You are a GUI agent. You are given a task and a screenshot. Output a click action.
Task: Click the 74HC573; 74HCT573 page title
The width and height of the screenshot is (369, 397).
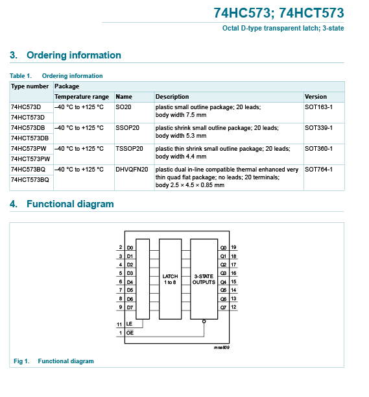click(x=278, y=13)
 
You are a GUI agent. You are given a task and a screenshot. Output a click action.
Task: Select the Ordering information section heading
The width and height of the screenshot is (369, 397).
click(x=65, y=55)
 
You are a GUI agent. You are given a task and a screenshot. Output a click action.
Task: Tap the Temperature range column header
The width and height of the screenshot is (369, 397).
click(x=82, y=97)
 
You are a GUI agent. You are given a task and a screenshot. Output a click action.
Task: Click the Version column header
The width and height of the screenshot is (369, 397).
click(x=316, y=97)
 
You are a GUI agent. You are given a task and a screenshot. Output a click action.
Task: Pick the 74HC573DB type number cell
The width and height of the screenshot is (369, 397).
click(x=28, y=128)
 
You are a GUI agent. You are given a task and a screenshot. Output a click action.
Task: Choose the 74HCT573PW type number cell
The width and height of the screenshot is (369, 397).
click(x=30, y=159)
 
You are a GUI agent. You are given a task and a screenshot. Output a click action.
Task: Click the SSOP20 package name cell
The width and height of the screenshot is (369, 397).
click(x=127, y=128)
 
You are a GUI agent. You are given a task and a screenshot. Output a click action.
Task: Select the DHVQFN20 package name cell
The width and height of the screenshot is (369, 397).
click(x=132, y=170)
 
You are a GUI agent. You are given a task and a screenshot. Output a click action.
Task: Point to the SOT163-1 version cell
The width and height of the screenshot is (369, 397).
click(x=318, y=107)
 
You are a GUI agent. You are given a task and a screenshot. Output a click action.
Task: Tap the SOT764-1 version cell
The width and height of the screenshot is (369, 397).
click(x=318, y=170)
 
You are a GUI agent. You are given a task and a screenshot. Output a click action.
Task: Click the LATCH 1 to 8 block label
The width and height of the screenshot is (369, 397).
click(x=170, y=279)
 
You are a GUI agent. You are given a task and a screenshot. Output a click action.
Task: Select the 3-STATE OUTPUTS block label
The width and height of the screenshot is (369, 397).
click(x=204, y=279)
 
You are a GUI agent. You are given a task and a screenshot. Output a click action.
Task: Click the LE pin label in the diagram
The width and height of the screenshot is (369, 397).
click(x=129, y=324)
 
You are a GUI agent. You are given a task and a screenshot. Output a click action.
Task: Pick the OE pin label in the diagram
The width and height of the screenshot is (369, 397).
click(x=130, y=333)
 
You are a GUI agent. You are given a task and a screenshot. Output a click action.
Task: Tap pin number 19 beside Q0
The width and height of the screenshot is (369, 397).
click(x=233, y=247)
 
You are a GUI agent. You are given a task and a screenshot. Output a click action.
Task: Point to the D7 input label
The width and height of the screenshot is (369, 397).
click(x=130, y=307)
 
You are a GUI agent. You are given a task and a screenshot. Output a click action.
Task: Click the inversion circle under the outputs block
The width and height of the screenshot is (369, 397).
click(x=204, y=322)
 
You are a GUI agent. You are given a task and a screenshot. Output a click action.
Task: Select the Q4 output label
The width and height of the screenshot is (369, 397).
click(x=223, y=282)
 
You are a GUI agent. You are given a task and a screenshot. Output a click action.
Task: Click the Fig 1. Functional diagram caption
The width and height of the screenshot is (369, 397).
click(x=54, y=361)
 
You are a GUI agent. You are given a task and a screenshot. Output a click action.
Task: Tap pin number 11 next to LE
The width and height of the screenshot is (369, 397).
click(x=119, y=324)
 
